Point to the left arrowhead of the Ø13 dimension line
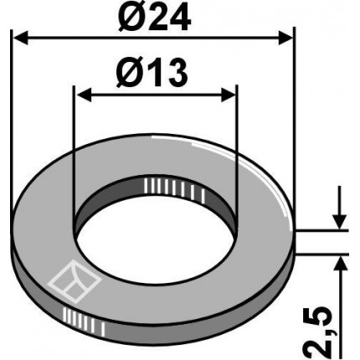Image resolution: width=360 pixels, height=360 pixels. [81, 95]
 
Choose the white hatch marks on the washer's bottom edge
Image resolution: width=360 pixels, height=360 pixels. [80, 318]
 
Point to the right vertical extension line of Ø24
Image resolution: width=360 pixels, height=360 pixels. [294, 126]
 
